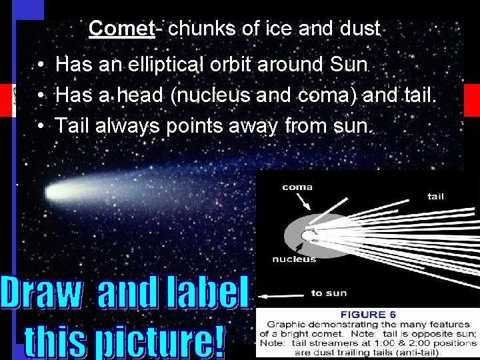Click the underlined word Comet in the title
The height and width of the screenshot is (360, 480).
coord(121,29)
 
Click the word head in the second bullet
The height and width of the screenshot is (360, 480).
coord(145,95)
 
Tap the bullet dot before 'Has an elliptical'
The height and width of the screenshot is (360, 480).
coord(41,65)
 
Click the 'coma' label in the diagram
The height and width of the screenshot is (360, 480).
coord(297,187)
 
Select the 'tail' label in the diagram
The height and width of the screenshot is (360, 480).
coord(435,197)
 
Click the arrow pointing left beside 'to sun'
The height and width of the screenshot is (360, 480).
coord(280,293)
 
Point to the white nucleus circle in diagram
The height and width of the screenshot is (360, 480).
coord(308,235)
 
